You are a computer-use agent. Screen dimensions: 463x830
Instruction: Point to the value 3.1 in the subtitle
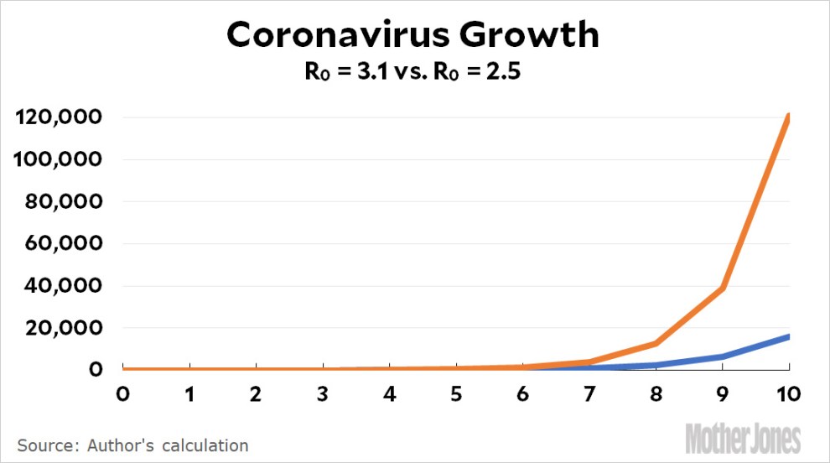(368, 73)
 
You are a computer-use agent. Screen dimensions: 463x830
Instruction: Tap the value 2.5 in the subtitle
(506, 73)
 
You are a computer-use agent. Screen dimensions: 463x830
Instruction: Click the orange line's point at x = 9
(722, 288)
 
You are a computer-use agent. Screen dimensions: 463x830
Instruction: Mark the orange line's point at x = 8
(656, 343)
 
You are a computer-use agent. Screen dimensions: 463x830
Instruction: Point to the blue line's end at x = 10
(787, 336)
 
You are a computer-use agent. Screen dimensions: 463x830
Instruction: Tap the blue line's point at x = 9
(722, 356)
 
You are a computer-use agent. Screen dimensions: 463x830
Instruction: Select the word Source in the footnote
(42, 445)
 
